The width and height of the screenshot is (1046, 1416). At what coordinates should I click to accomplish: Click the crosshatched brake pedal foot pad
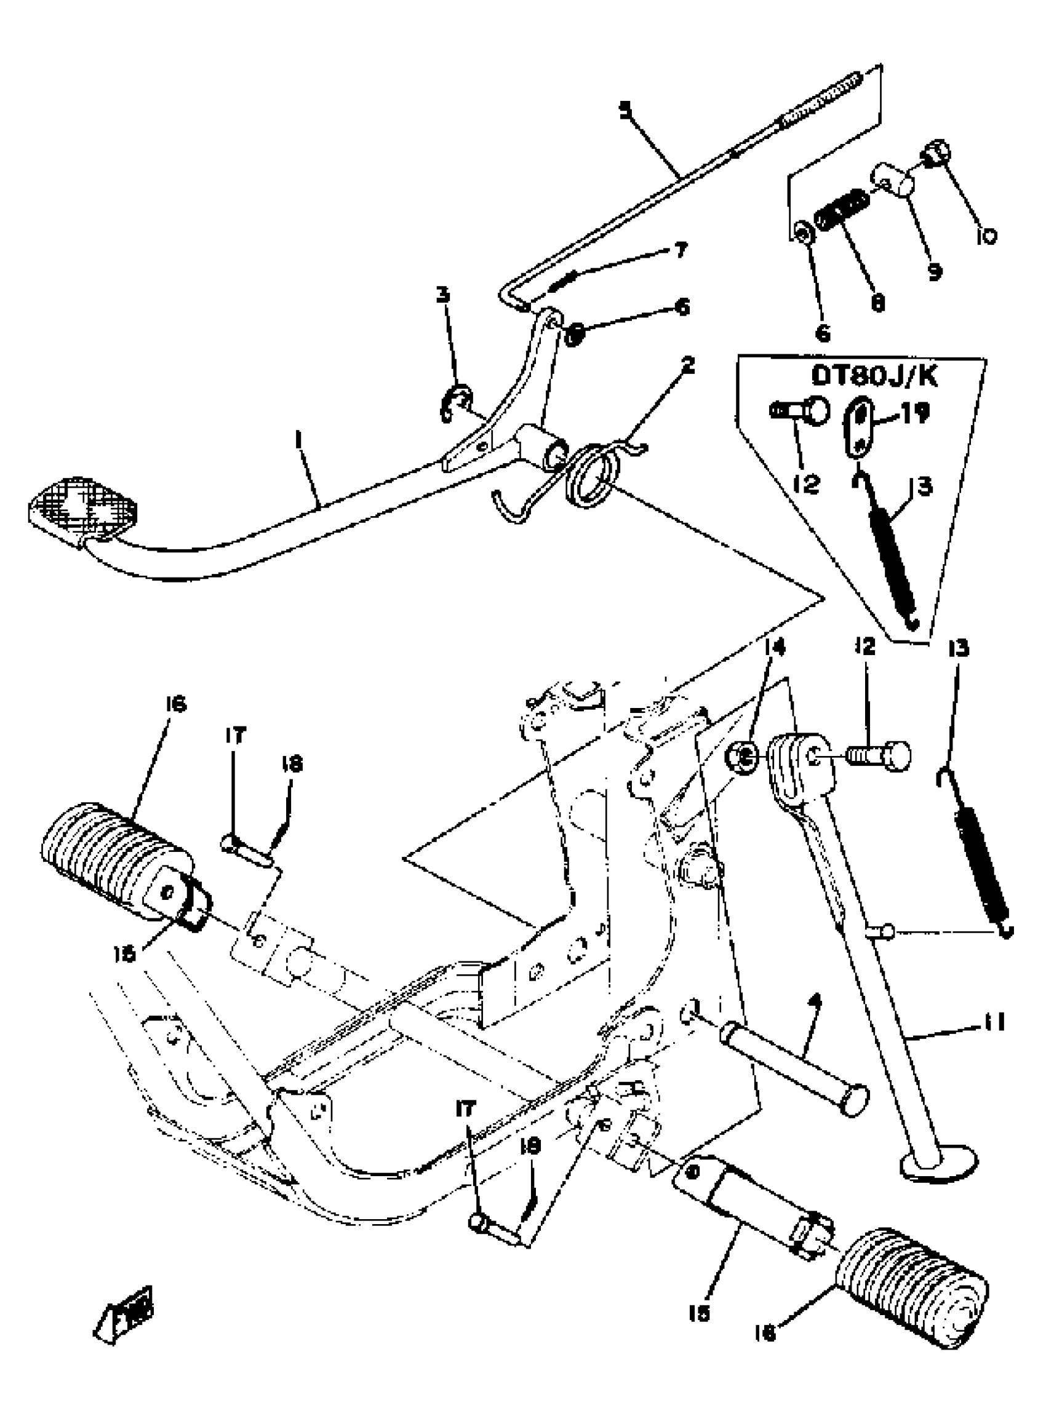tap(82, 508)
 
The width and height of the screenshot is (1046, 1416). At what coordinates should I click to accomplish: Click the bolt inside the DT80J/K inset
tap(800, 411)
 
